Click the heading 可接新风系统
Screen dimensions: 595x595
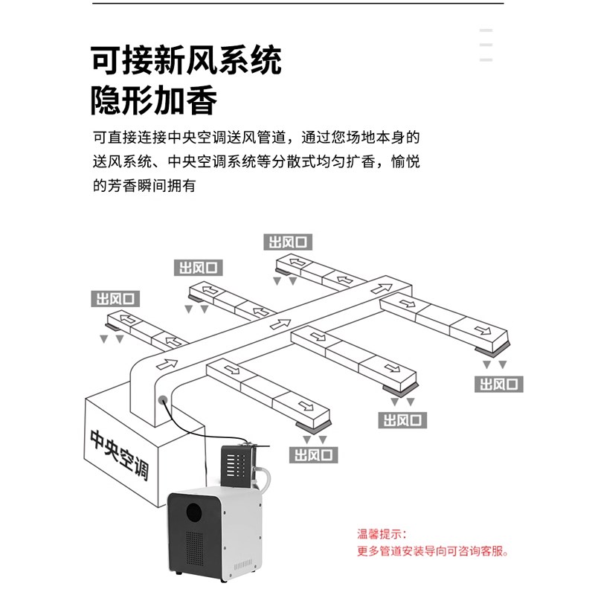186,60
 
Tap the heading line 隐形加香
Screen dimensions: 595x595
154,100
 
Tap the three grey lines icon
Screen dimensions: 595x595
486,45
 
